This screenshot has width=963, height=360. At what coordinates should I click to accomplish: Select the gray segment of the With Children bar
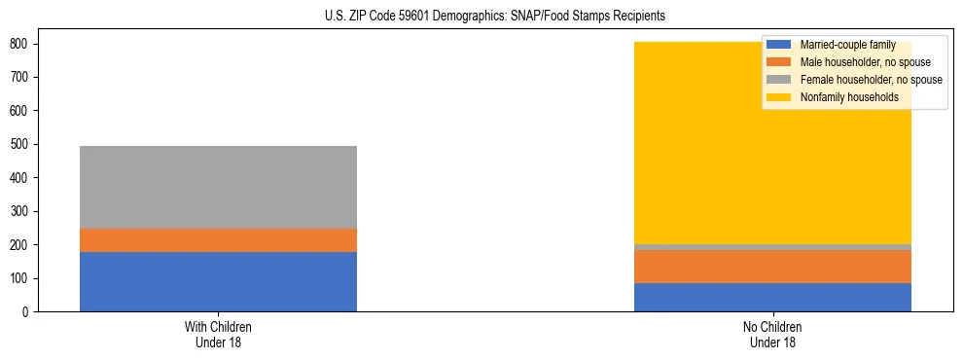pyautogui.click(x=218, y=187)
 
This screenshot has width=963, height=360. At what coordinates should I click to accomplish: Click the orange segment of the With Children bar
pyautogui.click(x=218, y=240)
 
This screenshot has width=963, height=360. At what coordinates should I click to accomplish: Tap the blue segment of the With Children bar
pyautogui.click(x=218, y=281)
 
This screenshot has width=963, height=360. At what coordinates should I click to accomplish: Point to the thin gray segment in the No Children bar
pyautogui.click(x=772, y=247)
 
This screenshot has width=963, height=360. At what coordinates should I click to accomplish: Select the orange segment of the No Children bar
pyautogui.click(x=772, y=267)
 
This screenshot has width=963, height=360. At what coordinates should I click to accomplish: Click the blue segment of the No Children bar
pyautogui.click(x=772, y=297)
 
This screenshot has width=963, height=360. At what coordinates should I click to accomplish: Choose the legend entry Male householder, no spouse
pyautogui.click(x=865, y=62)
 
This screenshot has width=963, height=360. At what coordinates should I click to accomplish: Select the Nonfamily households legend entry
pyautogui.click(x=848, y=97)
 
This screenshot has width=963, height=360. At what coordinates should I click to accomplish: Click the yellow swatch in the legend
pyautogui.click(x=779, y=97)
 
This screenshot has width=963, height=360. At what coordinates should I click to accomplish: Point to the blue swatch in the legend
pyautogui.click(x=779, y=45)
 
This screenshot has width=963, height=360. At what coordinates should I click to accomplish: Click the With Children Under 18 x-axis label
pyautogui.click(x=218, y=334)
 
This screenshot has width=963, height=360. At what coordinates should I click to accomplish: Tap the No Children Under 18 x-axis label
pyautogui.click(x=772, y=334)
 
